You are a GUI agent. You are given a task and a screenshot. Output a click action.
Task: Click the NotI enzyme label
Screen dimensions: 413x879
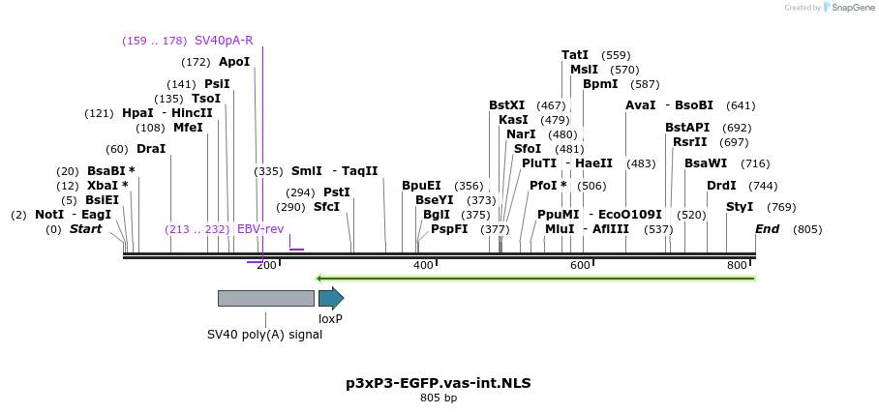49,215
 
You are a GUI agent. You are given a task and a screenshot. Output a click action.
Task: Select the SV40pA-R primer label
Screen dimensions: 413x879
224,41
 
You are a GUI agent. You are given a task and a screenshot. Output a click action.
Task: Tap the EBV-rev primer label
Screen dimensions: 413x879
260,229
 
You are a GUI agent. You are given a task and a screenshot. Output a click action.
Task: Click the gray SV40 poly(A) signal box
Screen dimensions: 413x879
265,298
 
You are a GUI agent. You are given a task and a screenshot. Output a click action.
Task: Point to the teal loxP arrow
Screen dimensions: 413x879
330,298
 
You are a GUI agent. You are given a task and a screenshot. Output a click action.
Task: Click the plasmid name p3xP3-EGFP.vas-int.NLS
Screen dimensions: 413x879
439,382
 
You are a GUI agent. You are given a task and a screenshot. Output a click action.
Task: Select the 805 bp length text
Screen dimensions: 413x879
439,398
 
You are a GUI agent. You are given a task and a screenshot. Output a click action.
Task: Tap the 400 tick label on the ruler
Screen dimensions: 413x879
423,265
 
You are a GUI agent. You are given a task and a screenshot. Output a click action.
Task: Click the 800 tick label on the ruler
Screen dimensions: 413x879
737,265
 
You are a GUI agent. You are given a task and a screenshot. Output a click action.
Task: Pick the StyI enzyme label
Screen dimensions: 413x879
740,207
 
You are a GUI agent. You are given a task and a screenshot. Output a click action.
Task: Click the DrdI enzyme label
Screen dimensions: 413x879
721,186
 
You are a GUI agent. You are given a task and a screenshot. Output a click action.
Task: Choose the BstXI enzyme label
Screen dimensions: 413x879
506,105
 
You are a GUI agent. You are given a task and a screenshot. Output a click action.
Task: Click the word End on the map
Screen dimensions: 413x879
767,229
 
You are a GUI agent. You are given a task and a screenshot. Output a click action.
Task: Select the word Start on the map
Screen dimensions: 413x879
85,229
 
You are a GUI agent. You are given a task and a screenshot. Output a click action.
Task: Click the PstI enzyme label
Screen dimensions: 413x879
336,192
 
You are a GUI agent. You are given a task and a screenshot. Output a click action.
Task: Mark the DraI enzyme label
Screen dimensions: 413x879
151,149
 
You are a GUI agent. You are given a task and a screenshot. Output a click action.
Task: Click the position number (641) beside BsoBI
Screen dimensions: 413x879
741,105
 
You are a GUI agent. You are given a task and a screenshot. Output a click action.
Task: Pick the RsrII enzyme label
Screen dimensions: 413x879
690,142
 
